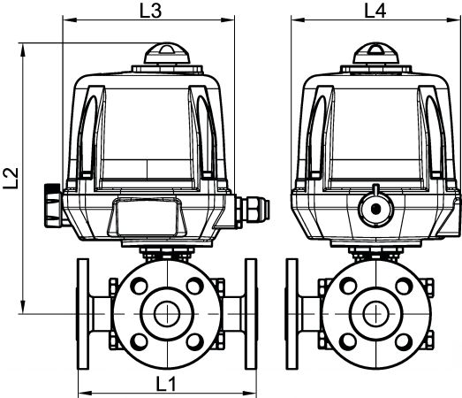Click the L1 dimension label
[x=166, y=384]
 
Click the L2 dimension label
[x=11, y=178]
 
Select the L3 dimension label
[x=150, y=11]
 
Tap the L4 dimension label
[x=375, y=11]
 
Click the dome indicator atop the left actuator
[x=166, y=53]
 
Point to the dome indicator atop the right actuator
[x=376, y=53]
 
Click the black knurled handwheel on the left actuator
[x=54, y=205]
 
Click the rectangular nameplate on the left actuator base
[x=148, y=217]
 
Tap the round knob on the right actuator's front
[x=375, y=208]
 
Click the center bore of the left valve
[x=167, y=314]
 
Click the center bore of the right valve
[x=376, y=314]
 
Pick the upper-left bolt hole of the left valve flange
[x=139, y=286]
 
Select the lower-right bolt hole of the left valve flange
[x=195, y=341]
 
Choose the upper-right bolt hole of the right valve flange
[x=404, y=286]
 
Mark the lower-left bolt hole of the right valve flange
[x=348, y=341]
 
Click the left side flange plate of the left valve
[x=83, y=314]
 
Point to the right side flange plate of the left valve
[x=252, y=314]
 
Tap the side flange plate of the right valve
[x=292, y=314]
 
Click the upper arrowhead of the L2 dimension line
[x=23, y=50]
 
